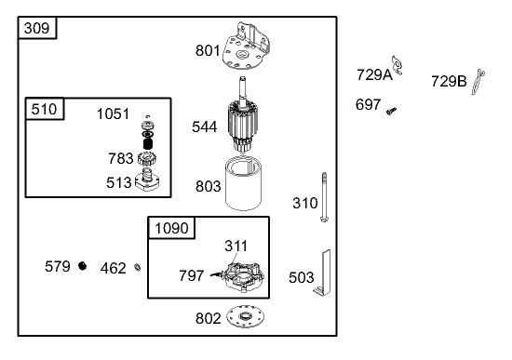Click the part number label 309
coord(36,28)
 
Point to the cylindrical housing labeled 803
coord(243,184)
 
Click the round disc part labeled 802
coord(245,316)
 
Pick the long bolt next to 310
coord(324,197)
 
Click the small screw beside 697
coord(391,111)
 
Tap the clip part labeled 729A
coord(397,65)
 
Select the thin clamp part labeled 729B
coord(478,82)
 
